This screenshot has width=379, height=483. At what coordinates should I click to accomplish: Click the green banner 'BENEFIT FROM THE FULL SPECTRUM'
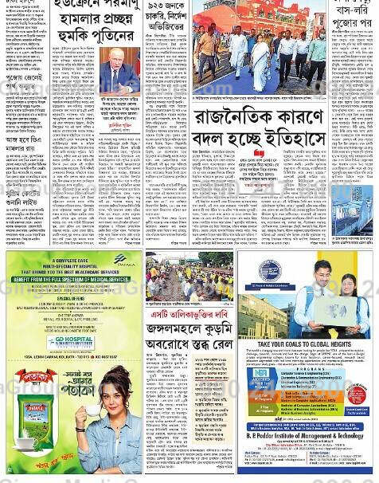coord(69,280)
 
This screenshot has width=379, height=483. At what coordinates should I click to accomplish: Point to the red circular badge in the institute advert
coord(357,395)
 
